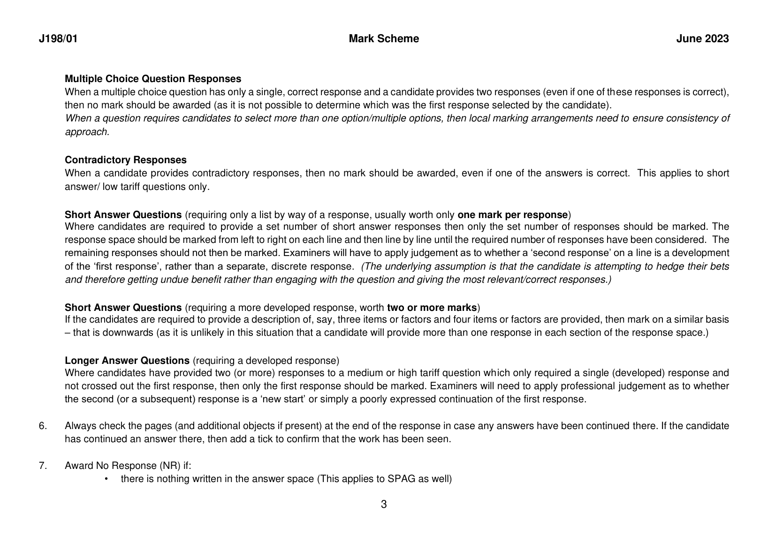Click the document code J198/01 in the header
point(58,39)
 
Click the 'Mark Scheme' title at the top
point(384,39)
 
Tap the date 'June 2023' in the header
point(702,39)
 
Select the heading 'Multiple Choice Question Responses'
point(153,79)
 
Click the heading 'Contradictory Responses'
point(126,160)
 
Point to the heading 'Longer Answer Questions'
point(127,361)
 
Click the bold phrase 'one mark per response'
point(512,215)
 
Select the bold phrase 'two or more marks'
point(432,308)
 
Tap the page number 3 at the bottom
point(384,505)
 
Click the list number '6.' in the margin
point(43,426)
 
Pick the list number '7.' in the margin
point(43,466)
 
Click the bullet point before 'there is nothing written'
point(106,479)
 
